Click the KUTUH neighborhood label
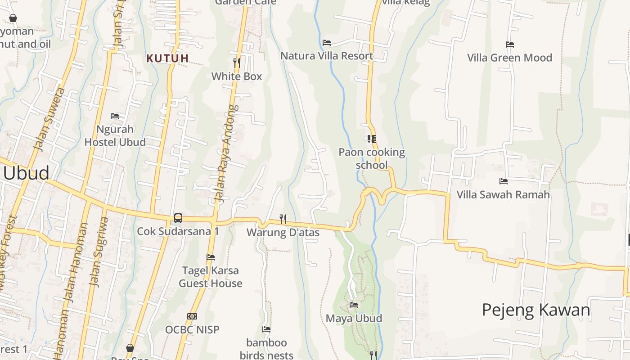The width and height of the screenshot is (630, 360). coord(167,58)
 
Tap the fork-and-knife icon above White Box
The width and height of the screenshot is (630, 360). coord(237,63)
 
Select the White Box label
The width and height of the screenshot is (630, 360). coord(237,76)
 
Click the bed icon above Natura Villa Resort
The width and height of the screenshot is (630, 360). coord(327,43)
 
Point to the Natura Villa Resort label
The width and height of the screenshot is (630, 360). coord(327,56)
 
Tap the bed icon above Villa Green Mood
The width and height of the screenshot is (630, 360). coord(509,45)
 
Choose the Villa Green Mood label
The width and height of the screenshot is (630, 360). coord(509,58)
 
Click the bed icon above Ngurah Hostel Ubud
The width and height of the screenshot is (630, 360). coord(115,116)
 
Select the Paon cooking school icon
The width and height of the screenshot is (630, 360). coord(371,139)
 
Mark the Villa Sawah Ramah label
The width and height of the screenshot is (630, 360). coord(503,194)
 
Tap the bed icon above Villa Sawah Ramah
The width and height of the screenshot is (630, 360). coord(503,181)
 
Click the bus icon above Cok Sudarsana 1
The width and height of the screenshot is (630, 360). coord(178,218)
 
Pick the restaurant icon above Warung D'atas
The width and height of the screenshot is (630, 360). coord(283,219)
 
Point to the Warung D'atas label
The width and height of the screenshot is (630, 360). coord(283,233)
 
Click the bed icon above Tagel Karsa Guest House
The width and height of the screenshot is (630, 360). coord(210,257)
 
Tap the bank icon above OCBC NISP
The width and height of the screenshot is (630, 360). coord(192,316)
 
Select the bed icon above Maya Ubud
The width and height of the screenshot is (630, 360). coord(354,305)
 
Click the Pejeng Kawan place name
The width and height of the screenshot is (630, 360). coord(536,310)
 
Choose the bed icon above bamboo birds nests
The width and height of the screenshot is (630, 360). coord(266,329)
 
